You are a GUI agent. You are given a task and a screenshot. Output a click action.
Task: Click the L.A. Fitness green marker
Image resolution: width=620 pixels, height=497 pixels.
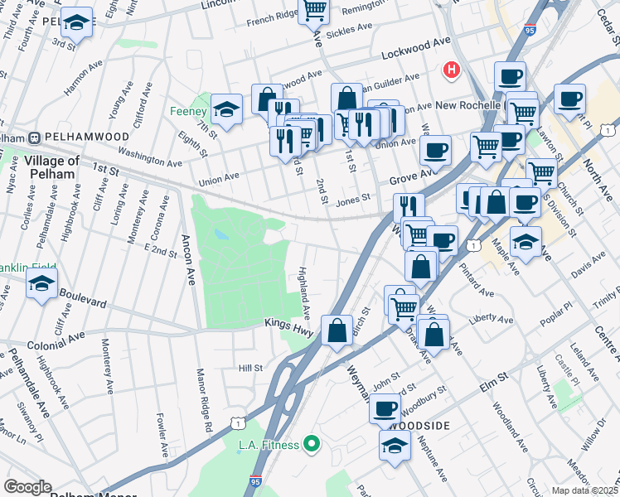point(312,445)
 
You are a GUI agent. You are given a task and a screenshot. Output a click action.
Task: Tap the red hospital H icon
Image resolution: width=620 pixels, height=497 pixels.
point(452,70)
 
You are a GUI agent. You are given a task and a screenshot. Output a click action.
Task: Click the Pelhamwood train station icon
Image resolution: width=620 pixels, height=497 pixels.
point(36,137)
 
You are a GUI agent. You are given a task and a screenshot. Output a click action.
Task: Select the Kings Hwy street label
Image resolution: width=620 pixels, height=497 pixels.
point(288,324)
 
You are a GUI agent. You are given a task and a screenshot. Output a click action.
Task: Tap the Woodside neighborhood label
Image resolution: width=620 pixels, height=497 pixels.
point(419,425)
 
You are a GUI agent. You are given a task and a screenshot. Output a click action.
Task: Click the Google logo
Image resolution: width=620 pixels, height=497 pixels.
point(27,487)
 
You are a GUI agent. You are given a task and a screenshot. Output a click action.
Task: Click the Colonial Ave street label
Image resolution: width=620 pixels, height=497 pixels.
point(56,338)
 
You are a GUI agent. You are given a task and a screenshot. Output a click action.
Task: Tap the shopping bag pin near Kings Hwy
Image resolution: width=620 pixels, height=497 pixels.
point(337,331)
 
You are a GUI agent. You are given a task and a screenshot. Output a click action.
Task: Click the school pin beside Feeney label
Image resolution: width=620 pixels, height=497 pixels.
point(225,109)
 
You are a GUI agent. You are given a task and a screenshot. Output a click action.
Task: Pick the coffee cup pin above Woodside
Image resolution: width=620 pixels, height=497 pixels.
point(384,408)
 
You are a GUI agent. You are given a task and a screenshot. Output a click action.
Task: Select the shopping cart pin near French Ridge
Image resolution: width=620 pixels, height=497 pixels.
point(314,10)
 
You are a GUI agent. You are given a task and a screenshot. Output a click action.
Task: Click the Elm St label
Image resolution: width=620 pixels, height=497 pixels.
point(490,382)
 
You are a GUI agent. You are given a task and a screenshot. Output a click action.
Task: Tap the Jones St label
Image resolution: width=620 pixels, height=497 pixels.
point(352,199)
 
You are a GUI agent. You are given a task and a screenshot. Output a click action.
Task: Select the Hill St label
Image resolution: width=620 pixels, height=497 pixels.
point(250,368)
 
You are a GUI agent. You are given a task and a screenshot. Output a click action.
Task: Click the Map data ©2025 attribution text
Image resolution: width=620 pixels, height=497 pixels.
point(585,490)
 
